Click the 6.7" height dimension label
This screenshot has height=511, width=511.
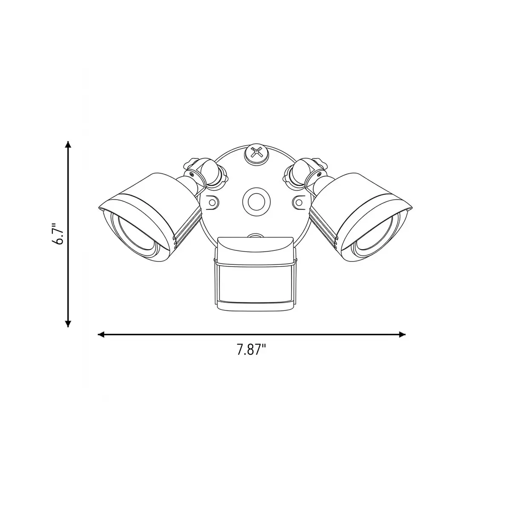(x=58, y=234)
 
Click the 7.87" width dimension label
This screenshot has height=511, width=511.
(x=251, y=350)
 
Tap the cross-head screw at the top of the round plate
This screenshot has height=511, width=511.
(x=255, y=153)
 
